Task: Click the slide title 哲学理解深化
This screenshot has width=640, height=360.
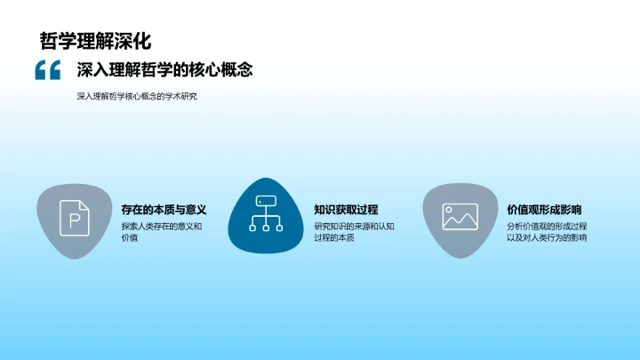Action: click(x=95, y=41)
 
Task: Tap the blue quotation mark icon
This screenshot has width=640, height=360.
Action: click(x=47, y=70)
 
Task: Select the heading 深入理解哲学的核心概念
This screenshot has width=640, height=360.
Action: click(x=164, y=70)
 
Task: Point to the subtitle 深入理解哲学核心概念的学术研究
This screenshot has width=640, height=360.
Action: click(x=136, y=96)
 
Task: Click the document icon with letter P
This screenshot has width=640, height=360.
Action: click(x=75, y=217)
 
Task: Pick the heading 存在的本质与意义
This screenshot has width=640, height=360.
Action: click(x=164, y=210)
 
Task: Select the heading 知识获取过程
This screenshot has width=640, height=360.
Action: click(x=346, y=210)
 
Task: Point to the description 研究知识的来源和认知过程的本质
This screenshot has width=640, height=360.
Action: click(x=354, y=232)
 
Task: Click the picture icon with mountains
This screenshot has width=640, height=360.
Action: click(x=460, y=216)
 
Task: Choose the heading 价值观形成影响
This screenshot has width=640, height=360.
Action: click(x=544, y=210)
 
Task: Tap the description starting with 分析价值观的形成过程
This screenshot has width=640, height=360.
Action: click(x=547, y=232)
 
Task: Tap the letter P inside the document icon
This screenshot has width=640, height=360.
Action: click(x=75, y=218)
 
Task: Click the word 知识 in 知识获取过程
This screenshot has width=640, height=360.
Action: click(x=324, y=210)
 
